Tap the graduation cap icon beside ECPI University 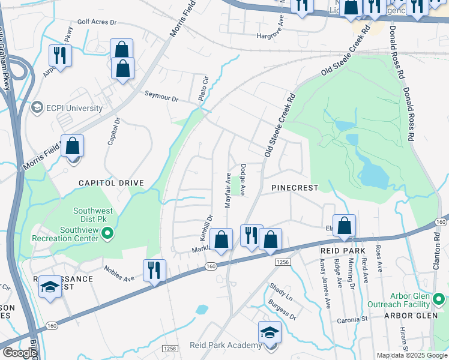coord(37,108)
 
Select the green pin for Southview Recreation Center coord(107,233)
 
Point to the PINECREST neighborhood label coord(294,188)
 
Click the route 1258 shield coord(170,348)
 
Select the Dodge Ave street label coord(244,180)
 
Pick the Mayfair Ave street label coord(228,191)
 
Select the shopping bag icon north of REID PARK coord(345,226)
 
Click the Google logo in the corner coord(19,353)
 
